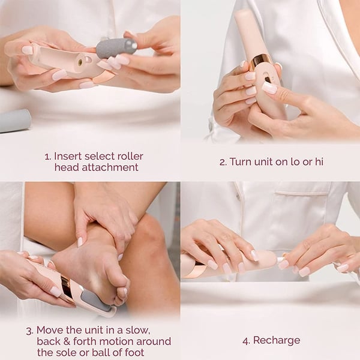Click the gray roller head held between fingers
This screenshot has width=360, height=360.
pyautogui.click(x=116, y=48)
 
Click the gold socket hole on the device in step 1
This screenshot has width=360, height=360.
pyautogui.click(x=79, y=61)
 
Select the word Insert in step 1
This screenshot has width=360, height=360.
pyautogui.click(x=68, y=156)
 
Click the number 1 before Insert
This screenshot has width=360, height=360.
pyautogui.click(x=47, y=156)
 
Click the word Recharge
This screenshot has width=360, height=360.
pyautogui.click(x=276, y=341)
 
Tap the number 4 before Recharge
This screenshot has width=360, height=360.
pyautogui.click(x=245, y=341)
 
